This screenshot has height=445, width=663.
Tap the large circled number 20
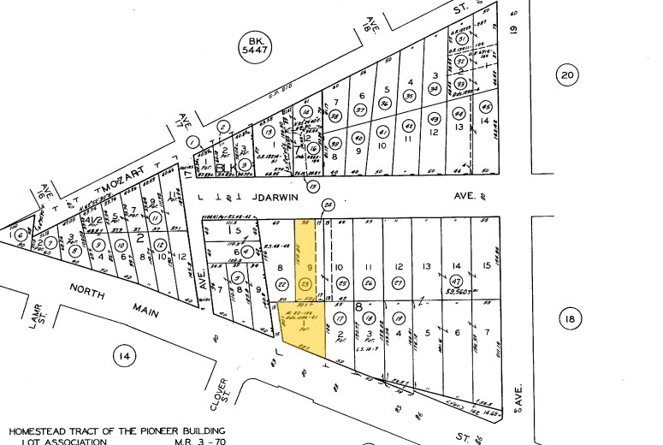(x=567, y=75)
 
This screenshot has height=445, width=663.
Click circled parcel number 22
(x=283, y=284)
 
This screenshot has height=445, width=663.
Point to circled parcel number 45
(x=486, y=108)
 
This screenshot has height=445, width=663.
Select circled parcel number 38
(x=336, y=116)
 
